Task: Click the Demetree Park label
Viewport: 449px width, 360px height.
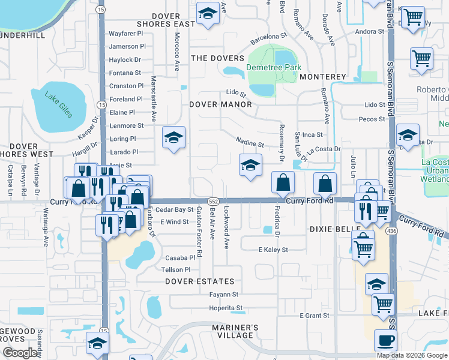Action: click(274, 68)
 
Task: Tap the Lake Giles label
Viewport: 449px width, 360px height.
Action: click(57, 102)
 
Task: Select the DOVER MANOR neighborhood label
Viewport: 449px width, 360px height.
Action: click(220, 104)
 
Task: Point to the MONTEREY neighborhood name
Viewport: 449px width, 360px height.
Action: click(323, 77)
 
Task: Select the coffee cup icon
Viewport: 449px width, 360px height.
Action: click(385, 340)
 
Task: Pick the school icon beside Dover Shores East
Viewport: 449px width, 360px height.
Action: click(208, 14)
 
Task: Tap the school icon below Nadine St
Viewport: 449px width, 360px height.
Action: click(250, 165)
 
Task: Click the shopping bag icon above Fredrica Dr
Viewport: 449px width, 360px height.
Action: click(283, 182)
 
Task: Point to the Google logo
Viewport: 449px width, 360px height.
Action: click(20, 353)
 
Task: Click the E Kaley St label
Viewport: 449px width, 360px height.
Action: click(273, 250)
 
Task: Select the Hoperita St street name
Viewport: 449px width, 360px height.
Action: click(225, 308)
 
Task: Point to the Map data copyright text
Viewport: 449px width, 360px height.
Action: click(412, 355)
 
